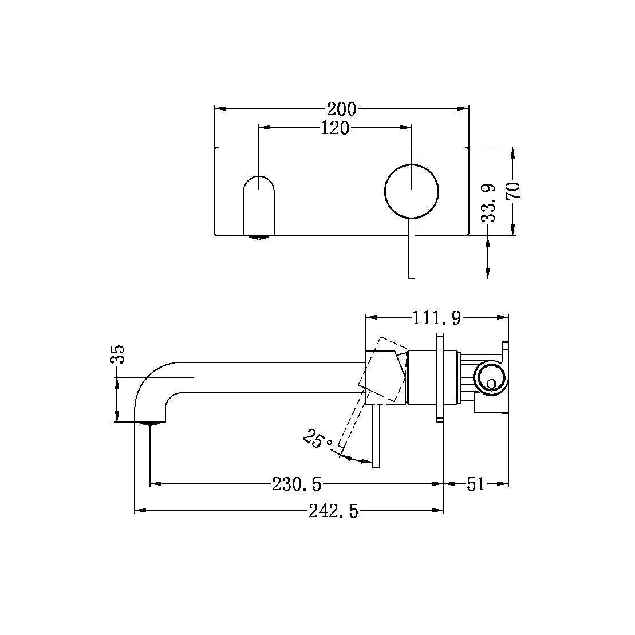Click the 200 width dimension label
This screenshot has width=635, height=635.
341,108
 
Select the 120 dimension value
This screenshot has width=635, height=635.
335,128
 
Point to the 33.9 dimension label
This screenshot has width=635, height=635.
488,203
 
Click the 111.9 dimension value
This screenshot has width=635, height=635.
436,318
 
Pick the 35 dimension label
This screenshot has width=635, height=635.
117,354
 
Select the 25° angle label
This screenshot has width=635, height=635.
317,440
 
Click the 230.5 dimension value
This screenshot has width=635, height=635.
297,484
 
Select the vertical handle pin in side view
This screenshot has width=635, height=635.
376,435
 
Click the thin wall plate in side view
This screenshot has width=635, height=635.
440,378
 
